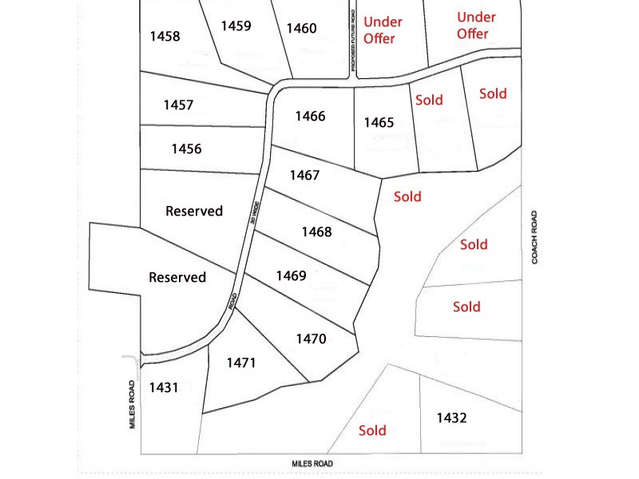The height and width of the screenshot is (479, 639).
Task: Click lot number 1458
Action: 165,36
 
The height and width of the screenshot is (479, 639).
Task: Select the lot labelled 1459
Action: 236,26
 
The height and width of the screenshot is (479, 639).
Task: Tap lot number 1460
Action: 301,29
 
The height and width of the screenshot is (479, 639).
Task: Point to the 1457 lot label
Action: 178,105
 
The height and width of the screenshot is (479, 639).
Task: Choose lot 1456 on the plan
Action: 186,148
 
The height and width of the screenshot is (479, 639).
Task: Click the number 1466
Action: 310,117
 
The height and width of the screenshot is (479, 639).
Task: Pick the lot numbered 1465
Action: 379,122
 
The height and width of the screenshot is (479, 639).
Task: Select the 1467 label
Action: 304,175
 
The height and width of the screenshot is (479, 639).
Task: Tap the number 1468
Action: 316,232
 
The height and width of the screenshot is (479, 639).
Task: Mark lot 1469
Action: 291,275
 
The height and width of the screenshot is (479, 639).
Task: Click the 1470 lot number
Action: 311,338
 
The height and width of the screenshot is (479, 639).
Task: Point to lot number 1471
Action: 240,362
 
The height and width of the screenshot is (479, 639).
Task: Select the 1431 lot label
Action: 163,388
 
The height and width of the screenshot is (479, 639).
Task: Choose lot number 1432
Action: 451,418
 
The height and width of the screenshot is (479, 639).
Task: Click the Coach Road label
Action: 535,237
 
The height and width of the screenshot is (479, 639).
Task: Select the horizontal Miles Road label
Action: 312,464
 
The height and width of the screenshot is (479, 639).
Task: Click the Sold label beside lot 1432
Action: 372,430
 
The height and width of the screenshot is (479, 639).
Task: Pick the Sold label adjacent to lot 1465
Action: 429,100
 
